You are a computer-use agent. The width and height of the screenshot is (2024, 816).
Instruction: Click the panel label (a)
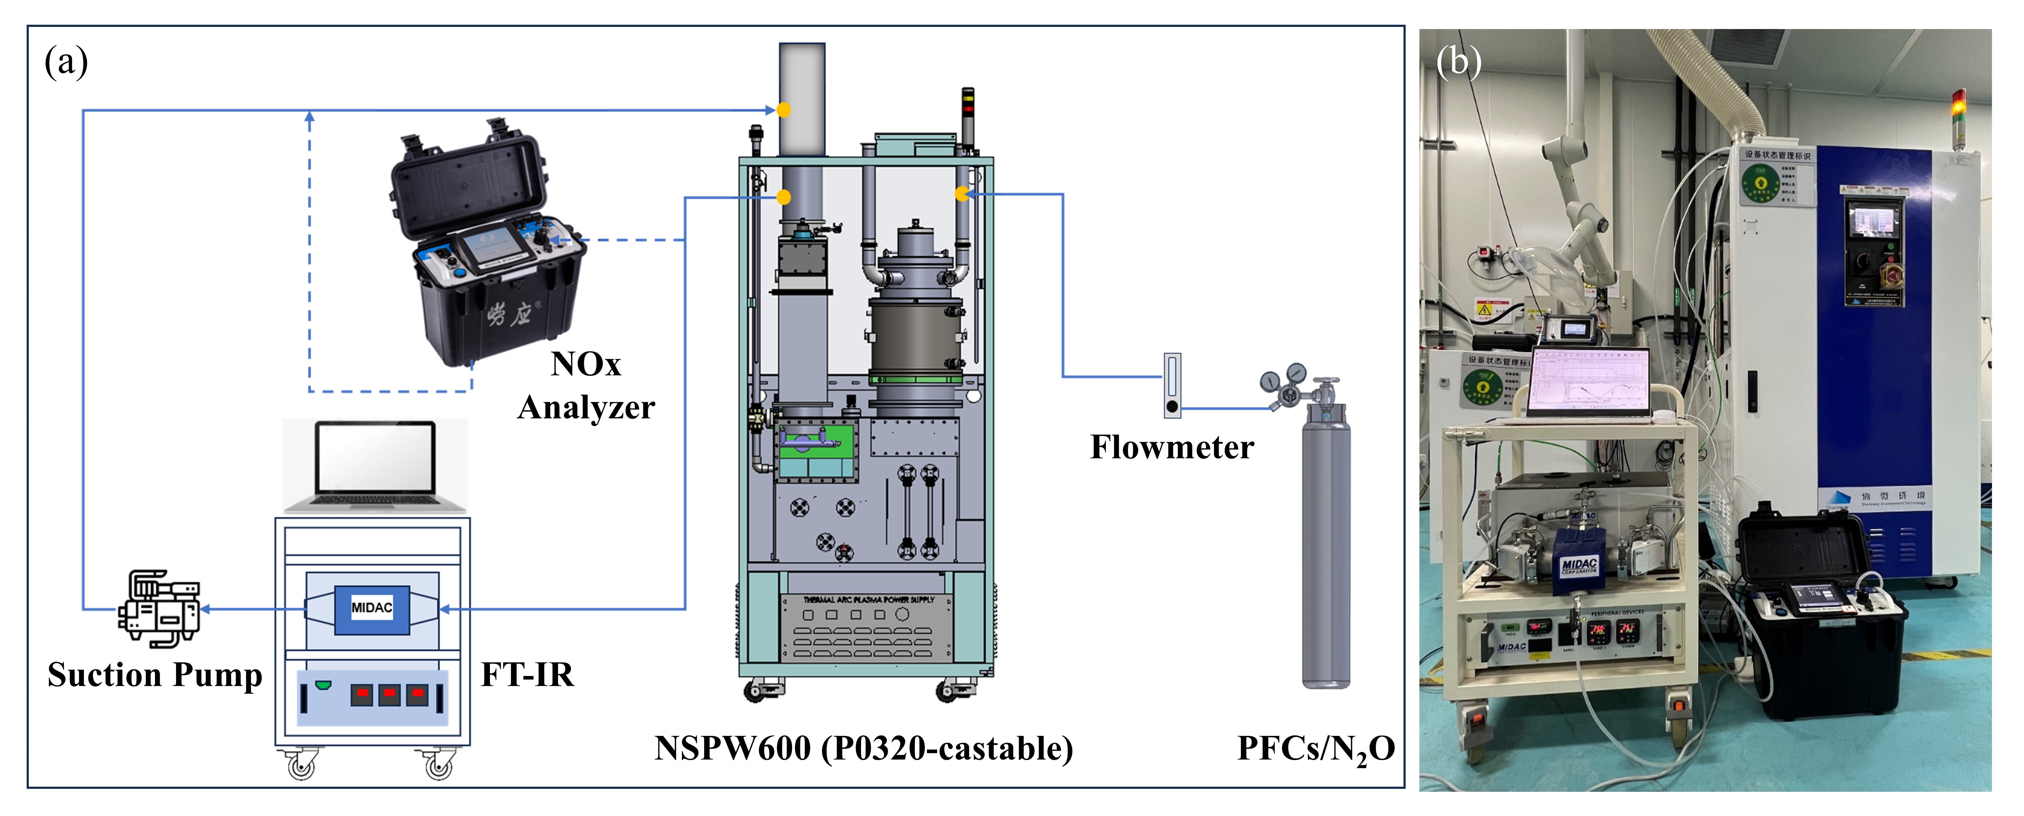66,62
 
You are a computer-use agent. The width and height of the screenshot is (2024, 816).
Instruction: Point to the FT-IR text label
527,675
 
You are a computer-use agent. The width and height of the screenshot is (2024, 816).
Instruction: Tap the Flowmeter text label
1172,447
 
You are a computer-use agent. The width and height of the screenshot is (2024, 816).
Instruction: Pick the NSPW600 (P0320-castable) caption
863,749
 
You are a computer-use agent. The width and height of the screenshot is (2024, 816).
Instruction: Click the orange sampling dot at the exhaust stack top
783,110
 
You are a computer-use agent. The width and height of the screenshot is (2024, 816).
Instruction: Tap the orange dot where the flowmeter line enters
962,193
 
